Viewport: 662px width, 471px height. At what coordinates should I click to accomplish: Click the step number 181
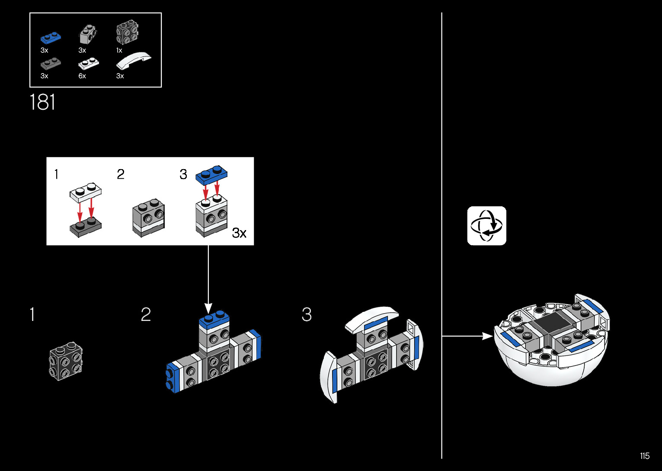[x=42, y=103]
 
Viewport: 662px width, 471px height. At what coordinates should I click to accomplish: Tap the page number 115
[x=644, y=456]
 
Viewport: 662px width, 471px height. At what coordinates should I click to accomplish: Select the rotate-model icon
[x=486, y=226]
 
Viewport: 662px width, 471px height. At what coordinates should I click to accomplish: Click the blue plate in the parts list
[x=51, y=37]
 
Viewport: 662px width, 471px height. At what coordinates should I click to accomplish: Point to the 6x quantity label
[x=82, y=76]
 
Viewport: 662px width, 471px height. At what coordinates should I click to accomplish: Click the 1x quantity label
[x=119, y=51]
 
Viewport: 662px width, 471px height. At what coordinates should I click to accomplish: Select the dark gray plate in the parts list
[x=51, y=63]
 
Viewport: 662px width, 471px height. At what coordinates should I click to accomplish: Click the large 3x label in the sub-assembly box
[x=239, y=233]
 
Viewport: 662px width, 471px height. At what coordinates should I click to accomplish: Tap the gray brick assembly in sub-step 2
[x=148, y=218]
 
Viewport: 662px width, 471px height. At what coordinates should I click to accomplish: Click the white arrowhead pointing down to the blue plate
[x=208, y=308]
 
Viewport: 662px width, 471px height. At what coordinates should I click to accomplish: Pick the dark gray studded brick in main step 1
[x=66, y=361]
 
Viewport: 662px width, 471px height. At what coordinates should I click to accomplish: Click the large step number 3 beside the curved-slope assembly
[x=307, y=314]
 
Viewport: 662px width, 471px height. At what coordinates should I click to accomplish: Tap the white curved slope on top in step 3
[x=372, y=317]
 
